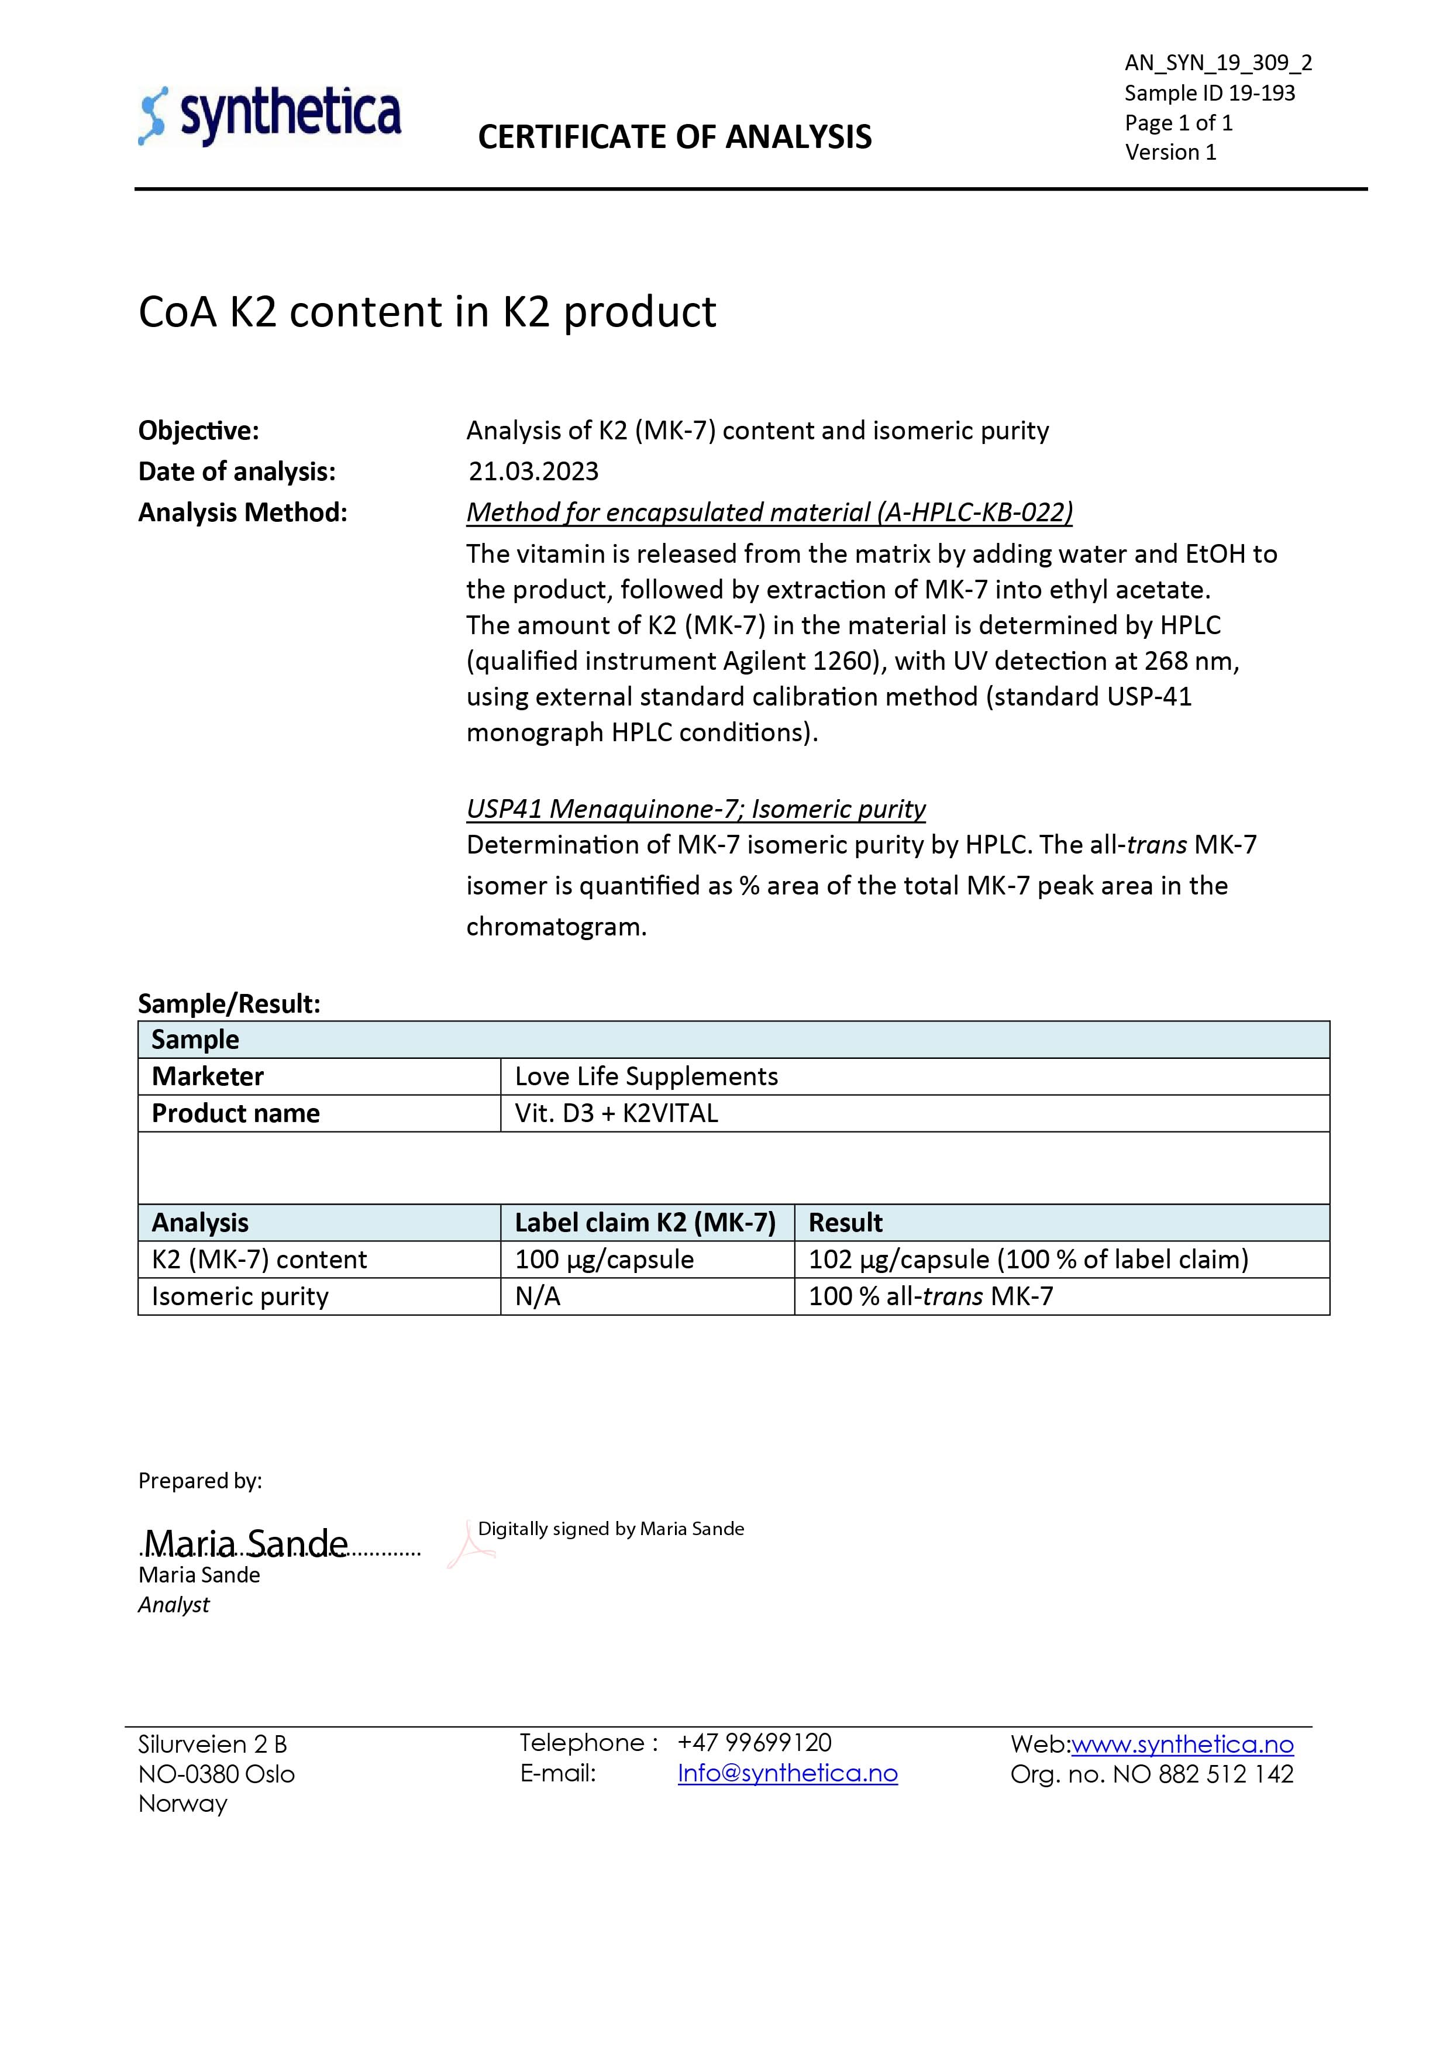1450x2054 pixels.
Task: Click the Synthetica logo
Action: point(270,116)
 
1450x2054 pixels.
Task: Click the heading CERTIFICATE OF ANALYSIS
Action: point(674,137)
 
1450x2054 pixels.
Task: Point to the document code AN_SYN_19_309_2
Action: point(1217,63)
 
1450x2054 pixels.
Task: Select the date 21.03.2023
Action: point(533,472)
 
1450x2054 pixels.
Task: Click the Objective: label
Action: point(199,431)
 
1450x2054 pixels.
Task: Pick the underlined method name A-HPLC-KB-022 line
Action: point(769,512)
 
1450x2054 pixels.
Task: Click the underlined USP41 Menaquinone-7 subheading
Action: point(695,808)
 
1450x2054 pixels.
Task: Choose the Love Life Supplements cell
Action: point(646,1076)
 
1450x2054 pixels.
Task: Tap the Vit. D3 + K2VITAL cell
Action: point(616,1114)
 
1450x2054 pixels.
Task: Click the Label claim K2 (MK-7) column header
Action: point(645,1223)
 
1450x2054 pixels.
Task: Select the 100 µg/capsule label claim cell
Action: point(604,1260)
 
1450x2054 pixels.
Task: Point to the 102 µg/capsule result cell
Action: point(1028,1260)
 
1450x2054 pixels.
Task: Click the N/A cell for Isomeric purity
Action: point(538,1296)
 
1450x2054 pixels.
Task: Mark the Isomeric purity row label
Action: point(240,1296)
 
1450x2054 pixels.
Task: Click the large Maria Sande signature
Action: point(246,1543)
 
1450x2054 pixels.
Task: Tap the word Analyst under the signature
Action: point(174,1605)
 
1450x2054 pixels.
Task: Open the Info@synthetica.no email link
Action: point(787,1774)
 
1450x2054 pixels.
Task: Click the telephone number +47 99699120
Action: point(754,1743)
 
